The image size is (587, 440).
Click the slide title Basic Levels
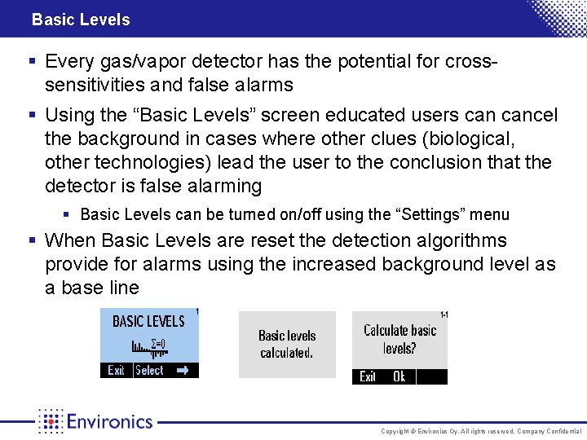point(81,20)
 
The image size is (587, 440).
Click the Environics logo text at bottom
point(109,421)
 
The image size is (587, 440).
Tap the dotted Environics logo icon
point(51,421)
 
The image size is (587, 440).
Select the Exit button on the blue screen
point(117,371)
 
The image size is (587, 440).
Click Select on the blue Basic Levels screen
point(149,371)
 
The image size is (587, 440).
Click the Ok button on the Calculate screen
point(399,376)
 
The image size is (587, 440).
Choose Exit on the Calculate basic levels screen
point(369,376)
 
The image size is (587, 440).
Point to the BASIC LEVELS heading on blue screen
point(148,321)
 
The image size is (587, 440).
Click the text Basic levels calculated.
point(287,344)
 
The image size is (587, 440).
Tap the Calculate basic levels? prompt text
point(399,339)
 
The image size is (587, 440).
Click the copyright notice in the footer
point(482,430)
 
